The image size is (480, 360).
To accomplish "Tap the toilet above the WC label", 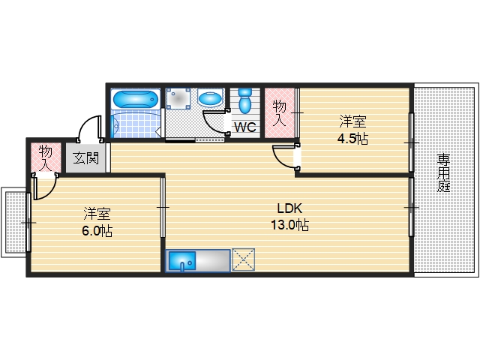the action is [244, 100].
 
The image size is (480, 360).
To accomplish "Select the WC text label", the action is [245, 127].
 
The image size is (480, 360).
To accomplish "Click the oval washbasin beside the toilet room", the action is [210, 97].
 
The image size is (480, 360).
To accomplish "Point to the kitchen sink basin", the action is [182, 261].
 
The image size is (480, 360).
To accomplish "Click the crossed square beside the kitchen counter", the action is [244, 259].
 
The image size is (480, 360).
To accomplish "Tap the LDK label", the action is [289, 208].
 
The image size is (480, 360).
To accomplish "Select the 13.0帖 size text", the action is [289, 225].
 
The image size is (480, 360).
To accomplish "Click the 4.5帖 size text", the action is [352, 139].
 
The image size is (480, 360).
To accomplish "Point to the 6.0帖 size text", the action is [97, 231].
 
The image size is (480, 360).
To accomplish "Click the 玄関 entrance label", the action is [86, 158].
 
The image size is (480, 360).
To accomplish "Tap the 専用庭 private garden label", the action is [443, 173].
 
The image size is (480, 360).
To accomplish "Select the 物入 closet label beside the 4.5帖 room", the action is [279, 113].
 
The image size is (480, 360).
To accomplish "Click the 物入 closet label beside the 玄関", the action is [46, 157].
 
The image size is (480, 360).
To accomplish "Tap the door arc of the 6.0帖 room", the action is [48, 192].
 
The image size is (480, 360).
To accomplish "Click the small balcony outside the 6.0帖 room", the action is [14, 223].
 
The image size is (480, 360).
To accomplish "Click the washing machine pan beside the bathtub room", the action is [178, 99].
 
